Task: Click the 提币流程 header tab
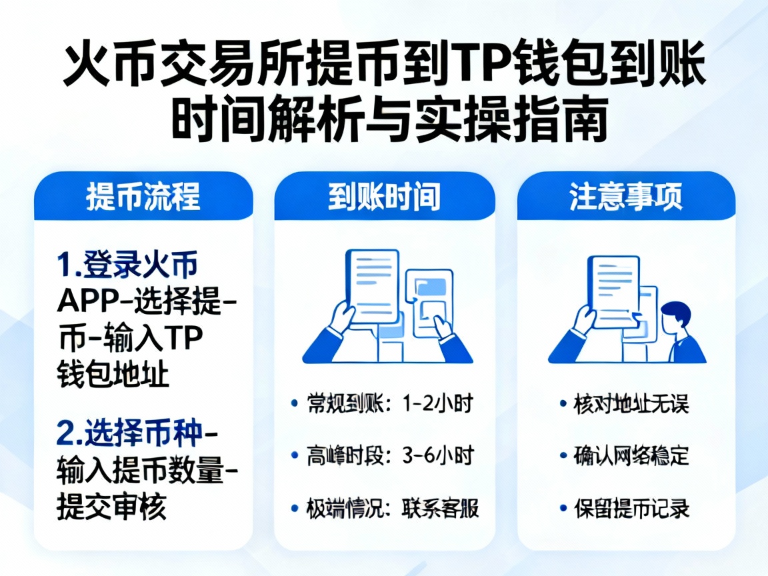coord(143,198)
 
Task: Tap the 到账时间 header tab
coord(384,198)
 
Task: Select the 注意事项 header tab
coord(625,198)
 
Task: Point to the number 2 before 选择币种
coord(67,434)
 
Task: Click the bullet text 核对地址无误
coord(631,404)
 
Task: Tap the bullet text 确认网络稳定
coord(631,457)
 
